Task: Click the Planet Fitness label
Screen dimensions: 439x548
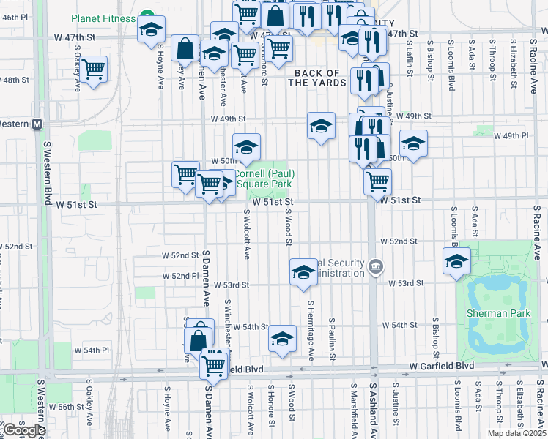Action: coord(103,18)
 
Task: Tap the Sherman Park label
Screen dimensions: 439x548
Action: coord(497,313)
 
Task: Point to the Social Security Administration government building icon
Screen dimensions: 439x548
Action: coord(376,265)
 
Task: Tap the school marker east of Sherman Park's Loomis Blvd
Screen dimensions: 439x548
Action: coord(456,260)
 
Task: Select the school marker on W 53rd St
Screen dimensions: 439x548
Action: coord(303,271)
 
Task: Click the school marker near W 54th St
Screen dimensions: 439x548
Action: coord(282,337)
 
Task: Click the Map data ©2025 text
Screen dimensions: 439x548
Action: coord(516,433)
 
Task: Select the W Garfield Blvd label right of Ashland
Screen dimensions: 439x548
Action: coord(440,365)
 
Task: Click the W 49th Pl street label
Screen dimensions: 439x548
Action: coord(511,136)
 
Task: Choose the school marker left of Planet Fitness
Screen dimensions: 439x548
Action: coord(151,29)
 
